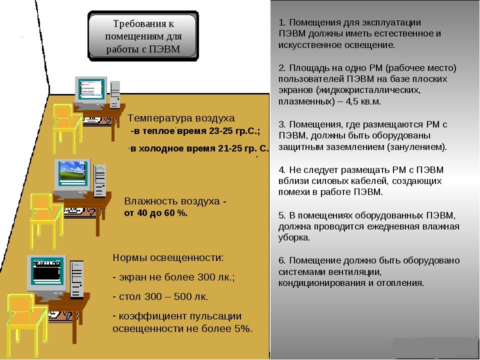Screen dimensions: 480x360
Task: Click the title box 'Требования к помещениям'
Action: [x=143, y=36]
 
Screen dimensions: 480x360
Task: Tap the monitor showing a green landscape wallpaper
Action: [x=72, y=175]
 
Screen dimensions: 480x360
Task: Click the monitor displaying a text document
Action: [x=91, y=91]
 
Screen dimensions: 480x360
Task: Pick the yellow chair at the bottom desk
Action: [x=27, y=324]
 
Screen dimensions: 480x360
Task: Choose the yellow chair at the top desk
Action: [x=68, y=128]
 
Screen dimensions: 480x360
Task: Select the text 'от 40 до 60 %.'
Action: [x=156, y=213]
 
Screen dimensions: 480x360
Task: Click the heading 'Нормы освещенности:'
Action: [x=168, y=258]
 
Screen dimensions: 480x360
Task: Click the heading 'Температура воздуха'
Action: [x=181, y=118]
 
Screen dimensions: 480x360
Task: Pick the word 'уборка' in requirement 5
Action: [x=294, y=237]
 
